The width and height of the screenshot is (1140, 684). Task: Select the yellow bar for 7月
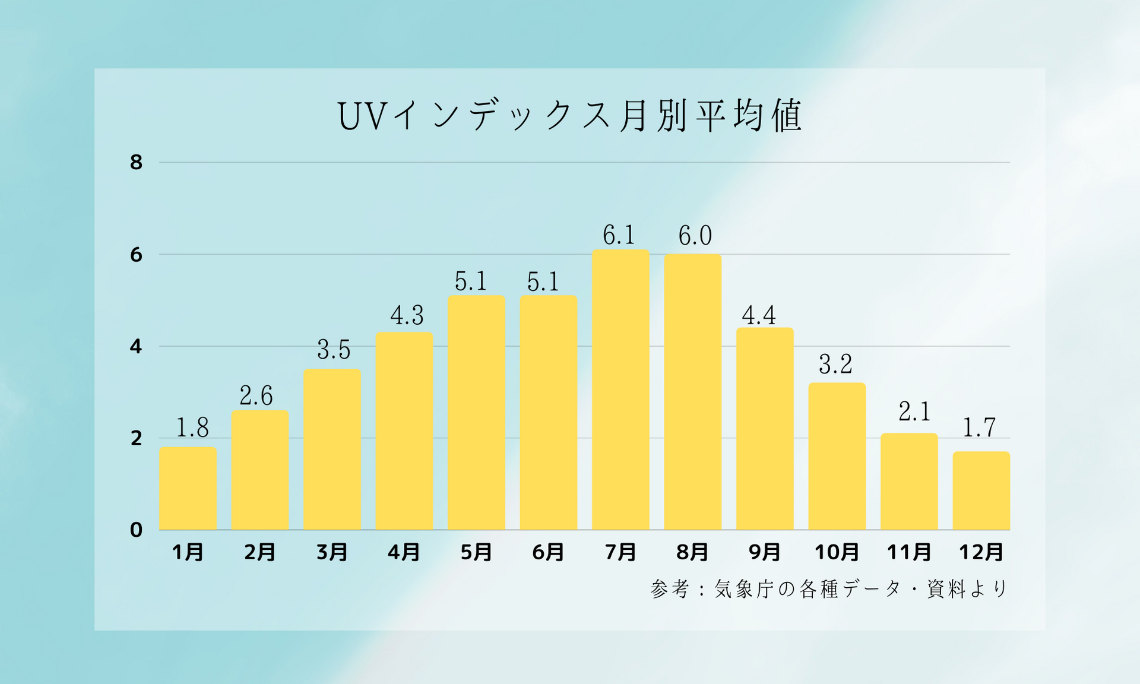(620, 389)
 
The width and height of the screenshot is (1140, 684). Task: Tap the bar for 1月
(188, 488)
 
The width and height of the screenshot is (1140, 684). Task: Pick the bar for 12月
(981, 490)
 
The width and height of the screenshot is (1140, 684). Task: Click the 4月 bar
(404, 431)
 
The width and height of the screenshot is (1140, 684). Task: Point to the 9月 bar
(765, 429)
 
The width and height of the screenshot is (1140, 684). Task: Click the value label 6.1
(619, 235)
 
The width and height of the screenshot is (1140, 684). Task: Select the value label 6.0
(695, 236)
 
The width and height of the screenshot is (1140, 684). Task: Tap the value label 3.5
(334, 350)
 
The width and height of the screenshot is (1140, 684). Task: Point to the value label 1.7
(978, 427)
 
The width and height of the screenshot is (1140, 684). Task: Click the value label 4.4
(759, 315)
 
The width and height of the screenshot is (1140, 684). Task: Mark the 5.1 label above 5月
(471, 281)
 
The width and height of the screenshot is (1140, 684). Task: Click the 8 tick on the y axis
(137, 162)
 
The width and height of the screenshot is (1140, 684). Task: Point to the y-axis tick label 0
(137, 530)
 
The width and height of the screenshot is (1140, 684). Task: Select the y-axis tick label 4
(137, 346)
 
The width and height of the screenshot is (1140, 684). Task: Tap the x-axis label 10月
(837, 552)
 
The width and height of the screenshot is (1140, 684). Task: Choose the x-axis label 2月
(260, 552)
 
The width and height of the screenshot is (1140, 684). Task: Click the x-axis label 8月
(692, 552)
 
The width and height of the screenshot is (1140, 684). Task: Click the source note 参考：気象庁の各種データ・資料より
(829, 589)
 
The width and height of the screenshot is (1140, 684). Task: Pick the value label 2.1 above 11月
(914, 411)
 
